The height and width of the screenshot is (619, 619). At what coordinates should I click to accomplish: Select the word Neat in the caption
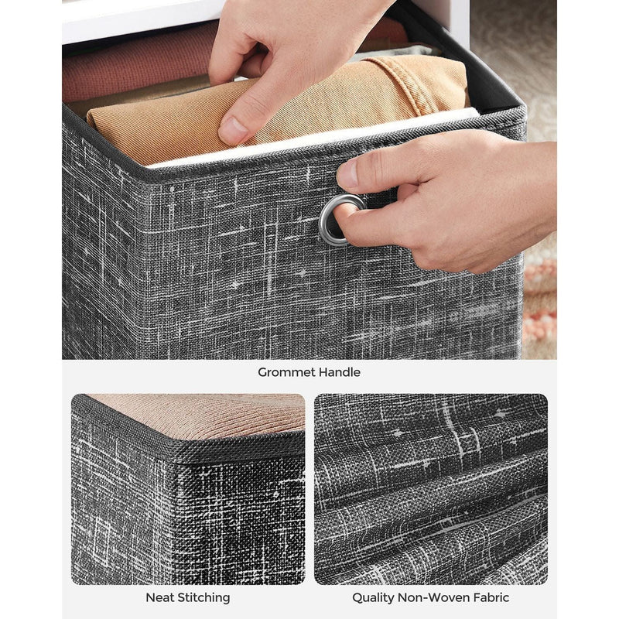click(160, 597)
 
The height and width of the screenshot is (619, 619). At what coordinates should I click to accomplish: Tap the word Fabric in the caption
click(490, 597)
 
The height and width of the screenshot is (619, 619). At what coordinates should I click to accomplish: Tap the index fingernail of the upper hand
click(232, 130)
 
